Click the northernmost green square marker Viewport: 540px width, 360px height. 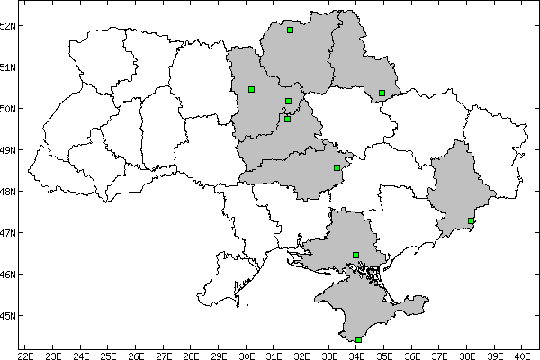click(x=291, y=30)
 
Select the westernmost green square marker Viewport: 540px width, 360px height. click(x=251, y=89)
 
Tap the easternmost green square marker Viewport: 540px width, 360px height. click(x=471, y=220)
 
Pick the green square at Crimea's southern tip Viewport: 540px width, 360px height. click(x=358, y=339)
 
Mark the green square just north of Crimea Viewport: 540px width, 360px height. click(x=356, y=255)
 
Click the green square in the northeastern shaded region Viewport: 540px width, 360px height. click(x=382, y=93)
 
